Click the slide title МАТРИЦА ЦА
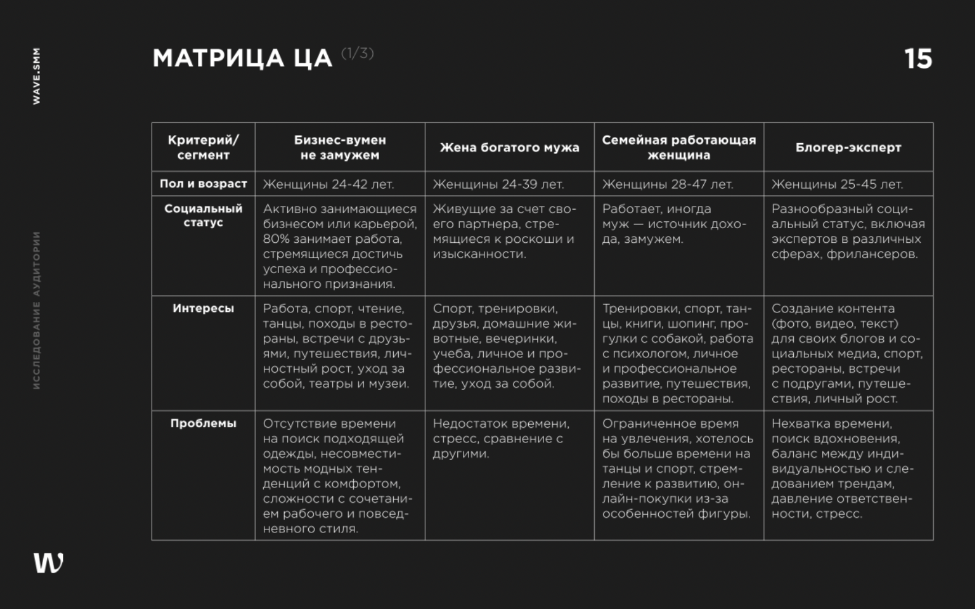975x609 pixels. [x=242, y=59]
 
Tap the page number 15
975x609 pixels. [x=918, y=59]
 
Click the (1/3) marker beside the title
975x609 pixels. [x=357, y=54]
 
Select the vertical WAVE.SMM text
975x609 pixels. [x=36, y=76]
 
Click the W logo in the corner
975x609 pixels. [x=48, y=562]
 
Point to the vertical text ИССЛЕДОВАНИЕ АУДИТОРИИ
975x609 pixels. [x=36, y=310]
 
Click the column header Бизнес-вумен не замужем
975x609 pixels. [x=340, y=147]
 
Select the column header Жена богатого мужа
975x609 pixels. [x=509, y=147]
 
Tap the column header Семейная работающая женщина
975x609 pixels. [x=679, y=147]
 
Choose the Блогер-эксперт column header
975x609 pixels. [x=848, y=147]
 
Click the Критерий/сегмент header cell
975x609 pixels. [x=203, y=147]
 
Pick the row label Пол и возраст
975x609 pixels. [x=203, y=184]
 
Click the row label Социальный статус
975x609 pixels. [x=203, y=215]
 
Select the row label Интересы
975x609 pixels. [x=203, y=308]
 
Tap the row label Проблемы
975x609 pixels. [x=203, y=423]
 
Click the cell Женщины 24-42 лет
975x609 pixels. [x=328, y=184]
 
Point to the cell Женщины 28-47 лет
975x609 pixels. [x=667, y=184]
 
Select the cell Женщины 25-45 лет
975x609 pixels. [x=837, y=184]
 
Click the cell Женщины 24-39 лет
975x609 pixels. [x=498, y=184]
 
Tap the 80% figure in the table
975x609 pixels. [x=273, y=239]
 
